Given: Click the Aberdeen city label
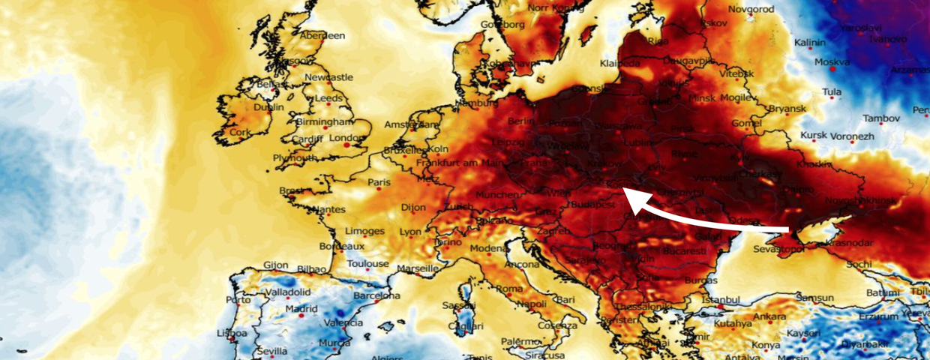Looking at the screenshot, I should point(322,35).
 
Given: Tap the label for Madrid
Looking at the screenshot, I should point(301,308).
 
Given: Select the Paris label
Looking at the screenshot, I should point(379,182).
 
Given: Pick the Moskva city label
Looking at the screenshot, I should point(832,62).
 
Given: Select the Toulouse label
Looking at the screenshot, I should point(367,264).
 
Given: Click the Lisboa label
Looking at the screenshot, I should point(232,333).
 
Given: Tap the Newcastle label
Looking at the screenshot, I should point(329,77).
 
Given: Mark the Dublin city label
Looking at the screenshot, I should point(268,107).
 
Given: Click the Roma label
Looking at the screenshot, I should point(509,289).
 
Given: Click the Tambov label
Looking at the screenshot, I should point(880,118).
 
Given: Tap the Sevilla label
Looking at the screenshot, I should point(271,351).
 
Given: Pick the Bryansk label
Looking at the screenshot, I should point(786,109).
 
